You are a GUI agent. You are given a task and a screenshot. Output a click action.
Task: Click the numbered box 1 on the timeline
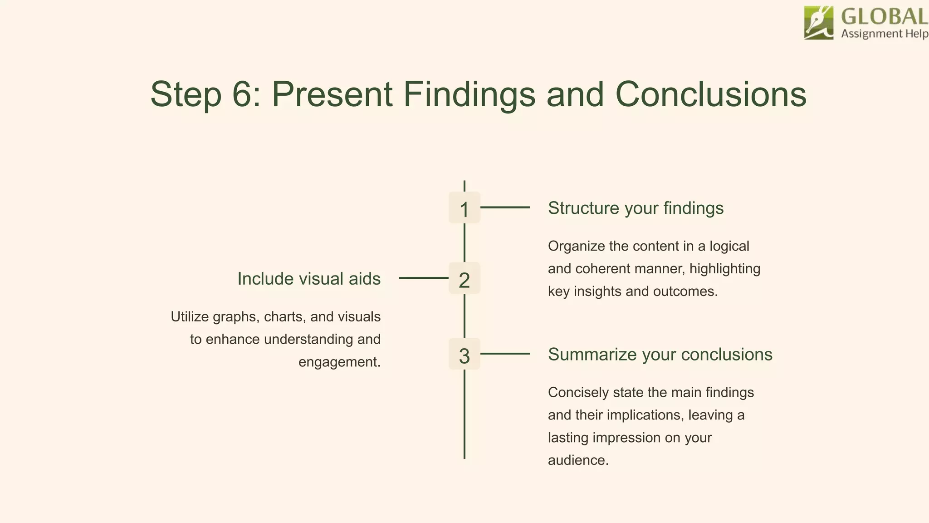(x=464, y=208)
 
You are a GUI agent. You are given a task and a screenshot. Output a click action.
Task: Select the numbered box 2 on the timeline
(x=464, y=278)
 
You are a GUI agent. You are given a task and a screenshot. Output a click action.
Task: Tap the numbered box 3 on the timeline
(x=464, y=354)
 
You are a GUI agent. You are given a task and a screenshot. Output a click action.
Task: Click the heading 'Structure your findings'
(x=636, y=208)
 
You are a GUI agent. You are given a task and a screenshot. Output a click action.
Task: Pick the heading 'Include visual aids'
(x=309, y=279)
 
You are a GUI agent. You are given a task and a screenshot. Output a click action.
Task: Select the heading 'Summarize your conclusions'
(x=660, y=355)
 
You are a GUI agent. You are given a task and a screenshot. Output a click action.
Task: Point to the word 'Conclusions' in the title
(x=710, y=94)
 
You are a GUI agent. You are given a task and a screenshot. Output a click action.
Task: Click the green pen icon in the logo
(x=818, y=23)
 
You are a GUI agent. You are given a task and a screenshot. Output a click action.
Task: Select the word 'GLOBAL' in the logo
(x=884, y=17)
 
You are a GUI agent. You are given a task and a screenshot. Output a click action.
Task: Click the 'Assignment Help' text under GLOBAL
(x=884, y=34)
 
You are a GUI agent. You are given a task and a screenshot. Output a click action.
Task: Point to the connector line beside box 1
(x=505, y=207)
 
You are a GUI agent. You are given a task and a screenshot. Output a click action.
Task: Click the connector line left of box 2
(x=424, y=278)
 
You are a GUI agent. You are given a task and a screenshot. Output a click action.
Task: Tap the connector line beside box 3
(x=505, y=354)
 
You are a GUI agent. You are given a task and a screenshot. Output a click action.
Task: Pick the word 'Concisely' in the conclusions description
(x=578, y=392)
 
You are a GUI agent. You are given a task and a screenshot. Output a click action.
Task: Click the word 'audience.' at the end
(x=578, y=460)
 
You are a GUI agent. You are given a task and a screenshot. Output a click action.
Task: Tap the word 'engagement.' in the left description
(x=339, y=362)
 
